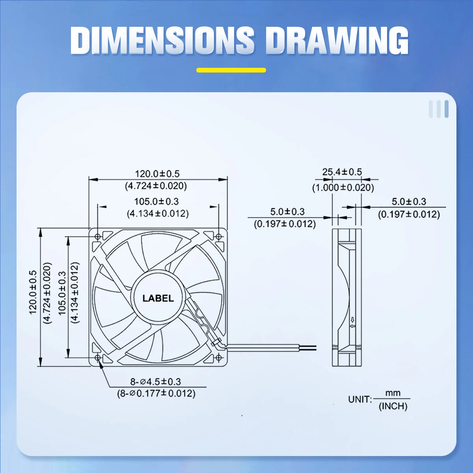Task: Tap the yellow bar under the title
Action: point(231,70)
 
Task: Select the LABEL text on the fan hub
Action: point(158,298)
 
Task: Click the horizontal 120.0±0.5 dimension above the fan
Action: point(157,174)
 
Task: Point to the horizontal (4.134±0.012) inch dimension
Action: point(158,214)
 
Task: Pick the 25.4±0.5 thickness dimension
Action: point(342,172)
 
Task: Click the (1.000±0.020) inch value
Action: point(343,188)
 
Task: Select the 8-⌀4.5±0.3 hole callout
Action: point(156,382)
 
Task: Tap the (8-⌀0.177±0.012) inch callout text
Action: point(156,393)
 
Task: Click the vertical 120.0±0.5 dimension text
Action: point(33,292)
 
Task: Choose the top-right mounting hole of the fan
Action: point(219,236)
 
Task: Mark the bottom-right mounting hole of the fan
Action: point(219,358)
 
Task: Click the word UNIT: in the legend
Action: point(359,399)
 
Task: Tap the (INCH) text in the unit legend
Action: point(393,406)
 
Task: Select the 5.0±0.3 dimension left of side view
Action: point(287,212)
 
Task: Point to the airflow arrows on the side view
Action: point(353,323)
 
